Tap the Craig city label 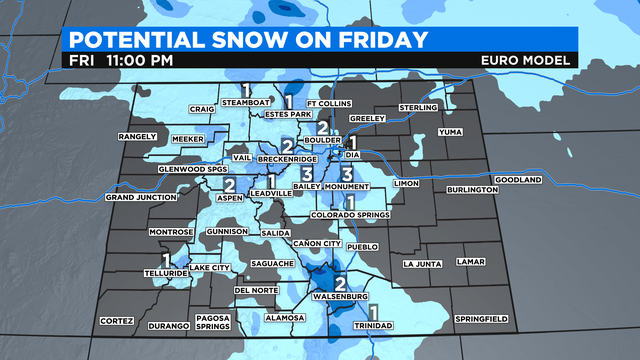(203, 110)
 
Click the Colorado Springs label (350, 213)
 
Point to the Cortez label (116, 321)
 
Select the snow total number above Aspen (229, 184)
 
